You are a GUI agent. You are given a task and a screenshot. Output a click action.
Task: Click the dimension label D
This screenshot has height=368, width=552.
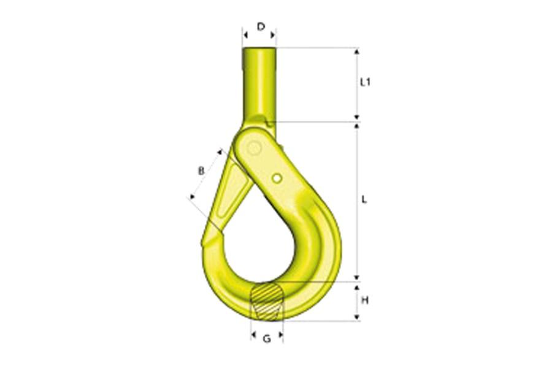tap(261, 26)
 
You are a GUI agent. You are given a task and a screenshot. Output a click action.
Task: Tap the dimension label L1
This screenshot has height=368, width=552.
tap(366, 82)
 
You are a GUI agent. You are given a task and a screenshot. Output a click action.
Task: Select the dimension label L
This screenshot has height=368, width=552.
tap(364, 199)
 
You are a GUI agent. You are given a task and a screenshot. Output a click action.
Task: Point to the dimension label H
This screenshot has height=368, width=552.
tap(365, 301)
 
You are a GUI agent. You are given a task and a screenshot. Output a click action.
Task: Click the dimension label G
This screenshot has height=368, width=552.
tap(267, 339)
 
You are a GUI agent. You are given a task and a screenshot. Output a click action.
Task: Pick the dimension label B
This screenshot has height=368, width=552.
tap(201, 171)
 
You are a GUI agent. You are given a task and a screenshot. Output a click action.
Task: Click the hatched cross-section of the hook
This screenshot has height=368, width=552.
tap(267, 301)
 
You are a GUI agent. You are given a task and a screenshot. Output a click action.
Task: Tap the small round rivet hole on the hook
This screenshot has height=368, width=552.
tap(277, 178)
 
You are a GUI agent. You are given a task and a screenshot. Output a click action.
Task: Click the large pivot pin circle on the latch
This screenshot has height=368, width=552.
tap(254, 148)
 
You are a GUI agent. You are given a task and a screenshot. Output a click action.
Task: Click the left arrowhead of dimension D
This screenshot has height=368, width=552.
tap(245, 36)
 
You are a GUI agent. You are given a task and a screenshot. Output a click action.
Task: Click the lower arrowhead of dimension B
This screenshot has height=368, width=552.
tap(191, 196)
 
